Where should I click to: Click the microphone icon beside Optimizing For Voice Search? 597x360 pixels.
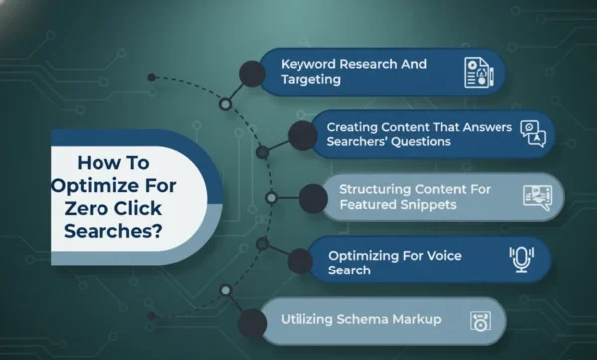point(520,260)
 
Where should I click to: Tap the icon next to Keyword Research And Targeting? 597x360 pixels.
point(479,72)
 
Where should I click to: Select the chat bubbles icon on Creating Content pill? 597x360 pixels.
point(534,133)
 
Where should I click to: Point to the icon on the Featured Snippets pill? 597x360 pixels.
point(537,196)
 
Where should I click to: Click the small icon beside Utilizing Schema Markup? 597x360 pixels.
point(478,321)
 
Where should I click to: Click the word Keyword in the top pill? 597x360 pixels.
point(305,64)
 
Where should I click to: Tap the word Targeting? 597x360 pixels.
point(310,80)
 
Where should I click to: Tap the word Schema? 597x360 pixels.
point(374,321)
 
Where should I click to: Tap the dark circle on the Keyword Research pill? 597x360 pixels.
point(252,72)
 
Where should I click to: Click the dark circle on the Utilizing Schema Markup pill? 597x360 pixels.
point(253,321)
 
